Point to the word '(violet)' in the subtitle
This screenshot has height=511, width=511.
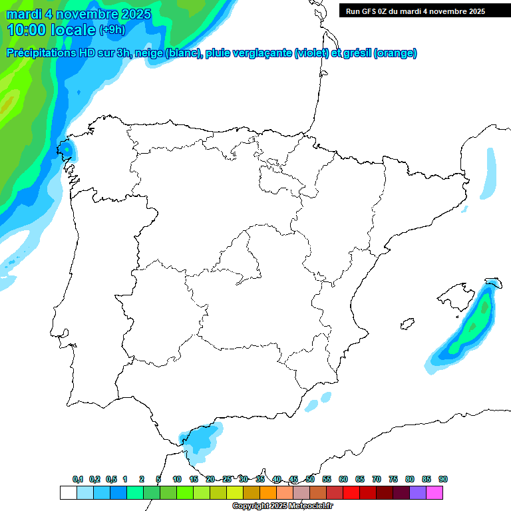click(x=311, y=53)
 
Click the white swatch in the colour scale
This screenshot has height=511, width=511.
click(x=68, y=492)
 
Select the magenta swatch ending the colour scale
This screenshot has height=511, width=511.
click(x=434, y=492)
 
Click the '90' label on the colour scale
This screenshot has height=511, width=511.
click(x=443, y=479)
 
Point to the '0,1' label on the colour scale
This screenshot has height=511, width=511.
click(x=78, y=479)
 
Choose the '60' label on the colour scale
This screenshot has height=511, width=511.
click(x=343, y=479)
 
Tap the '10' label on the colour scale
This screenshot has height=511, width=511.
click(x=177, y=479)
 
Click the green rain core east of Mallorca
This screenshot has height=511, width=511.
click(x=476, y=323)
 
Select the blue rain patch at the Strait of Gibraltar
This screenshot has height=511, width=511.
click(x=202, y=440)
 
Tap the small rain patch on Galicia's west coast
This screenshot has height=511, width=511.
click(x=66, y=148)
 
